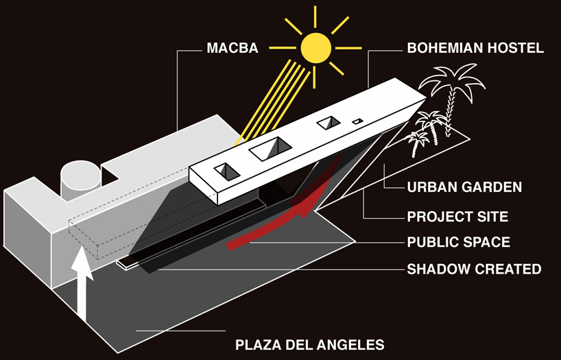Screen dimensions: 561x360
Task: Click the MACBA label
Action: point(232,48)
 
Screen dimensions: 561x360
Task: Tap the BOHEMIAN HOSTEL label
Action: point(475,48)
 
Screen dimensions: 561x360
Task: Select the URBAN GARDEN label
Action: point(464,187)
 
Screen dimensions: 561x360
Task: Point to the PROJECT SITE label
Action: point(457,217)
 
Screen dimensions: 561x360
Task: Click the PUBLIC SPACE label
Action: point(459,242)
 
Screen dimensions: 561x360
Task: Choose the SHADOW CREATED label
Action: point(475,269)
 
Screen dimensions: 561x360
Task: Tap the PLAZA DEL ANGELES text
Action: point(310,345)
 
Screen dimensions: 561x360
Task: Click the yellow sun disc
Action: point(315,47)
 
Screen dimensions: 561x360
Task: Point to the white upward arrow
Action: point(82,283)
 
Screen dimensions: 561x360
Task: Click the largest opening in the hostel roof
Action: point(271,149)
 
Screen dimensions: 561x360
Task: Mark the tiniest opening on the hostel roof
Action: point(357,121)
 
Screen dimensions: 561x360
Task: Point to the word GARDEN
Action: point(492,187)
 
